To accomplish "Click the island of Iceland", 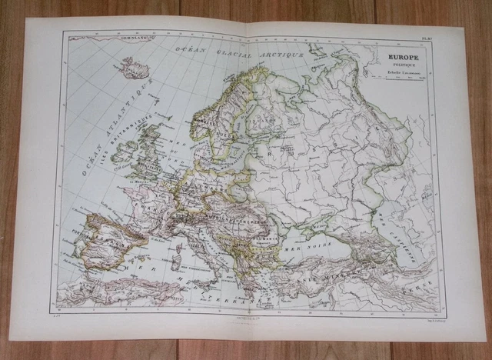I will pyautogui.click(x=131, y=68).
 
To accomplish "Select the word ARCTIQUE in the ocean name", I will pyautogui.click(x=281, y=53).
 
